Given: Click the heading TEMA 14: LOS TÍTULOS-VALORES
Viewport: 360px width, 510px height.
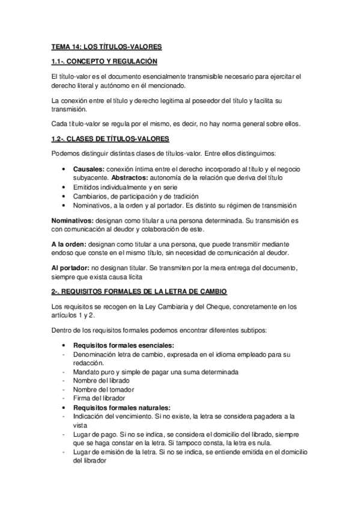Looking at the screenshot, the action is (x=106, y=46).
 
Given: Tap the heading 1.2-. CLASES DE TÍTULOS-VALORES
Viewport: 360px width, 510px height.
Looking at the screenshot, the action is (x=110, y=139).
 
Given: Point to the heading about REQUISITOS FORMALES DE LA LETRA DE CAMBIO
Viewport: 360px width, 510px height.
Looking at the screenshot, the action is (x=139, y=292).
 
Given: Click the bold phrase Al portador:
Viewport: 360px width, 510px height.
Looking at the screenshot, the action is (x=72, y=266).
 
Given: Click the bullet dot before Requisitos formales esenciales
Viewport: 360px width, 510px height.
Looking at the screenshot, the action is (x=64, y=346).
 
